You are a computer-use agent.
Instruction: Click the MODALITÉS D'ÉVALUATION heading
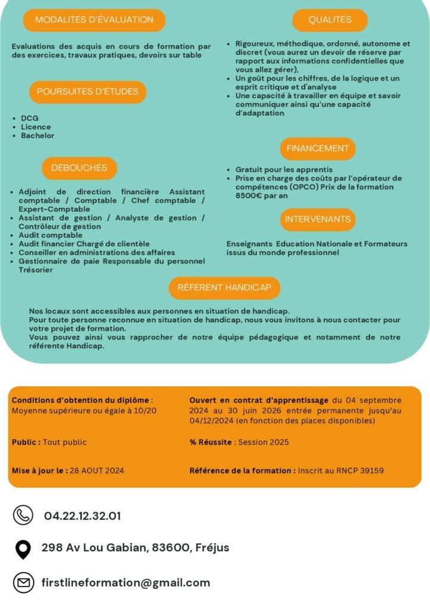click(94, 20)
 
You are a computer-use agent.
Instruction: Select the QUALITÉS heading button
click(330, 20)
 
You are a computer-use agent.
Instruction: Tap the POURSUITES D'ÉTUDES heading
click(87, 92)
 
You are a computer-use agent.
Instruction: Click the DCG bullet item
click(30, 118)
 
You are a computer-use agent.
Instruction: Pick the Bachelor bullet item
click(37, 136)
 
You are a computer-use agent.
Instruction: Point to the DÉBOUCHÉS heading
click(79, 168)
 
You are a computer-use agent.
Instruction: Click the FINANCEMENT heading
click(318, 148)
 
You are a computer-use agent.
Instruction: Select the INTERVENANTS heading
click(318, 219)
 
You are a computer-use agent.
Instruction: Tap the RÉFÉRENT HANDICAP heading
click(224, 287)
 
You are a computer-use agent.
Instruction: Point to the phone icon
click(23, 515)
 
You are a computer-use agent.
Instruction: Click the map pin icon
click(23, 549)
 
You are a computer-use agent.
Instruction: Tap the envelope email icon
click(23, 583)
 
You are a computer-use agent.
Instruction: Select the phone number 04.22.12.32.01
click(82, 516)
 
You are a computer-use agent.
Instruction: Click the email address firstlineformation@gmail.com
click(126, 583)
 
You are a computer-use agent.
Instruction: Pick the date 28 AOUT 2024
click(97, 470)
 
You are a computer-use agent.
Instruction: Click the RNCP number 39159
click(371, 470)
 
